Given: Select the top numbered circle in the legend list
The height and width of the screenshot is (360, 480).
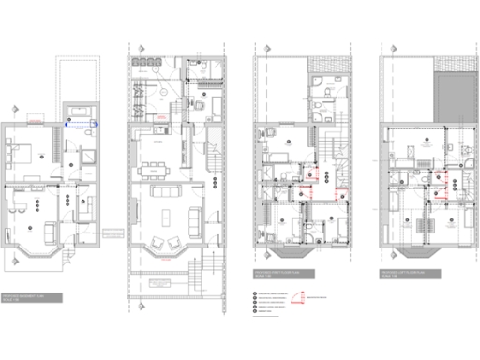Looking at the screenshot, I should tap(256, 292).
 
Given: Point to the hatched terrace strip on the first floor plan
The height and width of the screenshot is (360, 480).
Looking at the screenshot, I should tap(335, 71).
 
